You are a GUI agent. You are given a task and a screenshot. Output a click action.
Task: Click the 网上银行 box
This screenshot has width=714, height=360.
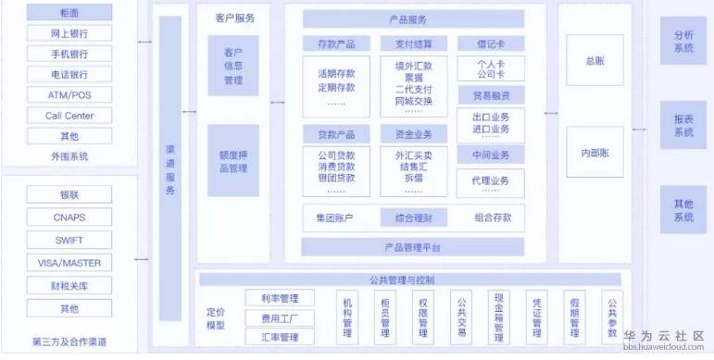pyautogui.click(x=69, y=33)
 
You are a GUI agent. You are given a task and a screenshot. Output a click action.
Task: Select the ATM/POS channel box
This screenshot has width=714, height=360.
pyautogui.click(x=69, y=95)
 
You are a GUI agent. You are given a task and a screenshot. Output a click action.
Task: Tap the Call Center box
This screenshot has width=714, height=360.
pyautogui.click(x=69, y=116)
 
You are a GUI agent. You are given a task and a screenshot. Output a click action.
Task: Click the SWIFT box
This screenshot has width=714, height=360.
pyautogui.click(x=69, y=240)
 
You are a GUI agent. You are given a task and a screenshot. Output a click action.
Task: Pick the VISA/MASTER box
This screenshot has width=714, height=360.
pyautogui.click(x=69, y=262)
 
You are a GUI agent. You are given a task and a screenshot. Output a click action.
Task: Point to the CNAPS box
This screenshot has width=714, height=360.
pyautogui.click(x=69, y=217)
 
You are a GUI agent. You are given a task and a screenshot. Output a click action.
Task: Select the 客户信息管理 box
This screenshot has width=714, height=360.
pyautogui.click(x=232, y=66)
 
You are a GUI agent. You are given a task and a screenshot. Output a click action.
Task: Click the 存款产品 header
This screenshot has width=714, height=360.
pyautogui.click(x=338, y=44)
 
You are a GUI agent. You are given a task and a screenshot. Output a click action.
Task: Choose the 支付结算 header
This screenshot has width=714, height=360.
pyautogui.click(x=413, y=44)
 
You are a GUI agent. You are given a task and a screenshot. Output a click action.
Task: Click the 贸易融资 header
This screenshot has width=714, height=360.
pyautogui.click(x=491, y=95)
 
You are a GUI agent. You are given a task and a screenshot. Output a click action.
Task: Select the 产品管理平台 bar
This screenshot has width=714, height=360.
pyautogui.click(x=412, y=247)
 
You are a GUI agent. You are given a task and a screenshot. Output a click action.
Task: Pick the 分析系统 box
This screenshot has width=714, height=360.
pyautogui.click(x=683, y=42)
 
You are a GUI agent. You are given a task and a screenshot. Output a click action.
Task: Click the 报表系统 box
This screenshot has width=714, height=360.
pyautogui.click(x=683, y=126)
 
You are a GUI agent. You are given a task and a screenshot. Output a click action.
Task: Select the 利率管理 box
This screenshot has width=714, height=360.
pyautogui.click(x=280, y=298)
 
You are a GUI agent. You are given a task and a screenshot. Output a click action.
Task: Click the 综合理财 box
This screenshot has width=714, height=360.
pyautogui.click(x=413, y=218)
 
